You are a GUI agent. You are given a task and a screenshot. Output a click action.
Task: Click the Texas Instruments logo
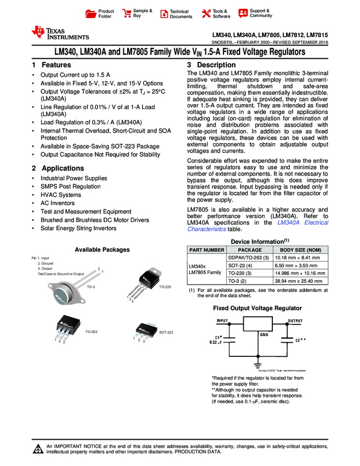60,32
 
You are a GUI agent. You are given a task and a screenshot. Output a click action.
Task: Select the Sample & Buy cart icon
127,14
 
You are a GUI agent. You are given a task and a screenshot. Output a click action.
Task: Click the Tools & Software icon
206,14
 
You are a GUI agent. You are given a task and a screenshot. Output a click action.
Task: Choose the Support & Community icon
243,13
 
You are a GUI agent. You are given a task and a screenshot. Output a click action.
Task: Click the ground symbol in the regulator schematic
258,363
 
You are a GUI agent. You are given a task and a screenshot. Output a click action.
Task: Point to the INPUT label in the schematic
221,320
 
